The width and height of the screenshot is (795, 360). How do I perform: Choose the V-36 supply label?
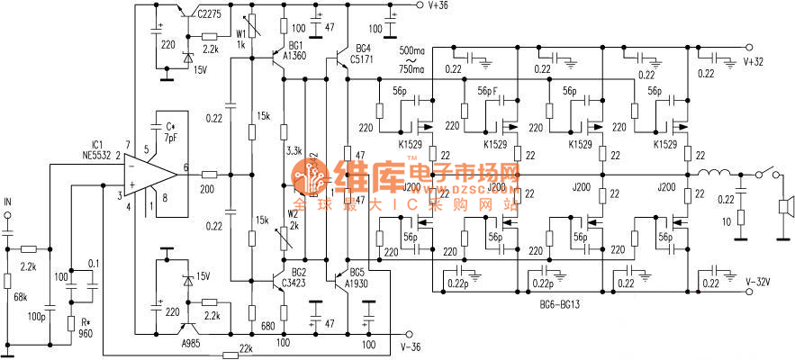point(411,346)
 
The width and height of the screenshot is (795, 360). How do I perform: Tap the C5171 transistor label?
point(363,58)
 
